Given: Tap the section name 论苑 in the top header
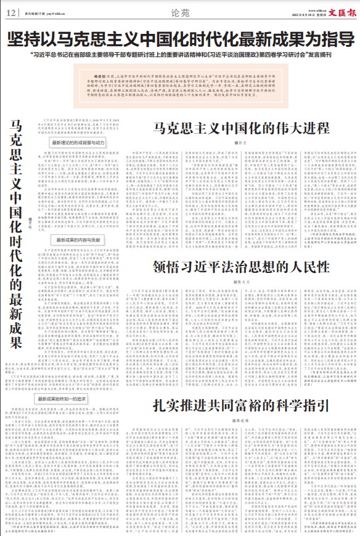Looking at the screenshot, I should pos(181,11).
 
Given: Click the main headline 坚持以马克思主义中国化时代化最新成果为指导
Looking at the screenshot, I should pos(180,39).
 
